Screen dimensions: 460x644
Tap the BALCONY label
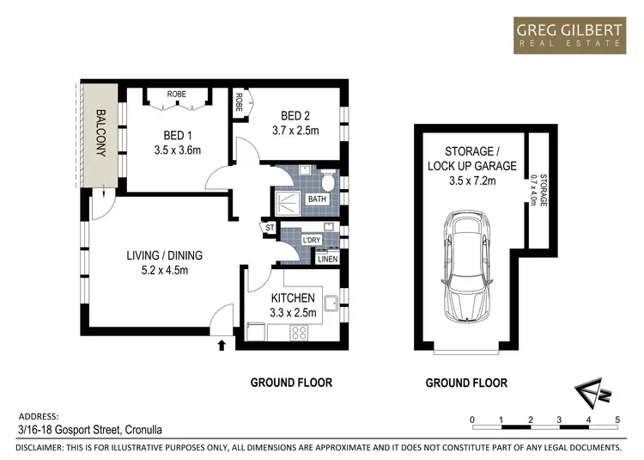coord(101,132)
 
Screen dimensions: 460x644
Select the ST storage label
coord(270,228)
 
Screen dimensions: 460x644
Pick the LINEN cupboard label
coord(327,259)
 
